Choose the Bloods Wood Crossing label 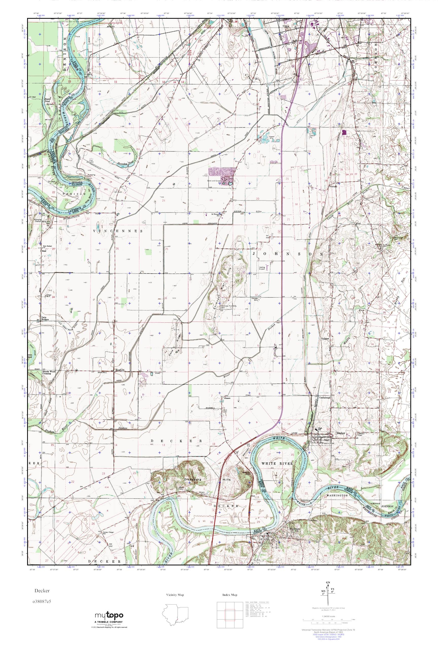(x=47, y=373)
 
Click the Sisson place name (x=227, y=398)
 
